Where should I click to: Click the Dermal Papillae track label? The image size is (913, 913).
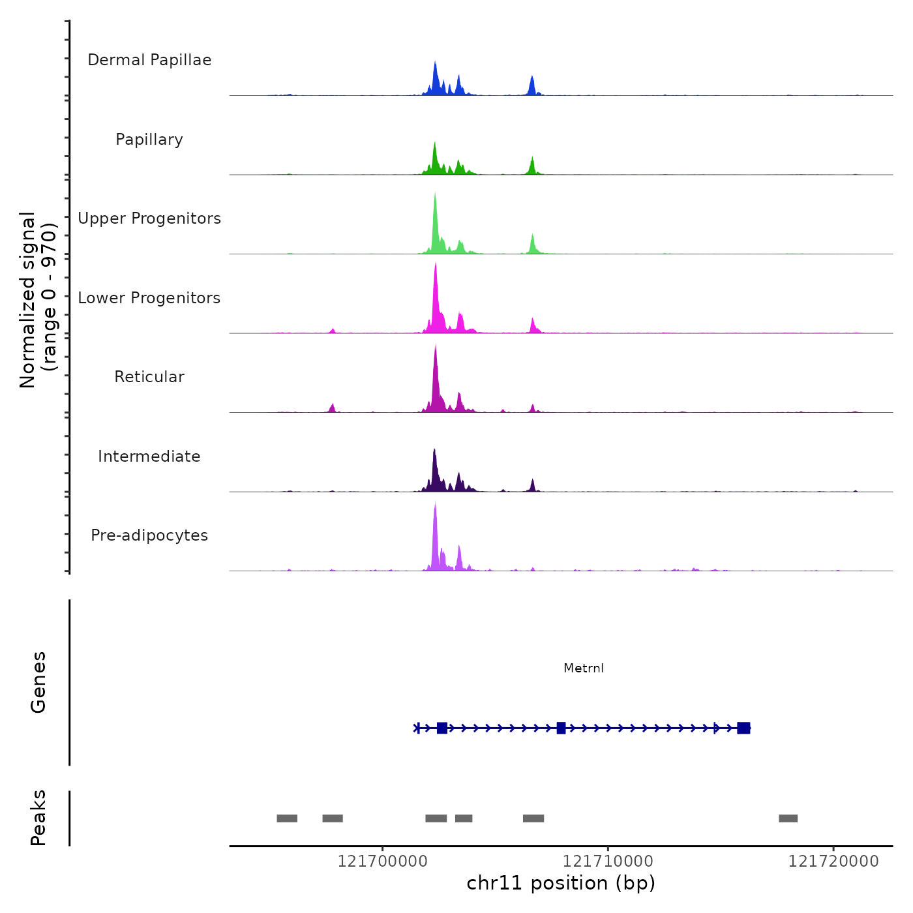tap(149, 60)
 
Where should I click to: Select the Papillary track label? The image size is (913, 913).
tap(149, 140)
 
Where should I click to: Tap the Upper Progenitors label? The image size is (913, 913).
tap(149, 218)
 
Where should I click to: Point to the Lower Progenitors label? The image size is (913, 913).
tap(149, 298)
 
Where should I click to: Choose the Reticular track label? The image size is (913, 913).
tap(149, 377)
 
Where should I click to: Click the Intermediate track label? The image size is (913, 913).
tap(149, 456)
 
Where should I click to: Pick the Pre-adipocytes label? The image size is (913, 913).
tap(149, 535)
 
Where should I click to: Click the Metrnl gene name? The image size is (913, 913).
tap(584, 668)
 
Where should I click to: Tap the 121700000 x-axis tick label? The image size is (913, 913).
tap(382, 861)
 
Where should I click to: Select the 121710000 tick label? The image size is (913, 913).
tap(608, 861)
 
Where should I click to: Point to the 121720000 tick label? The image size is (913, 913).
tap(833, 861)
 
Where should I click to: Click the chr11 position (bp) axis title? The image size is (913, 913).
tap(561, 884)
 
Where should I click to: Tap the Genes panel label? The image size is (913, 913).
tap(38, 682)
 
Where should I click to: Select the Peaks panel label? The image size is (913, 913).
tap(38, 818)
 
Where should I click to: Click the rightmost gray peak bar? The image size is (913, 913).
tap(788, 818)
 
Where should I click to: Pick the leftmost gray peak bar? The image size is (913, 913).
tap(287, 818)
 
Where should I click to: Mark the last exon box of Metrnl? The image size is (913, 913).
tap(743, 728)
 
